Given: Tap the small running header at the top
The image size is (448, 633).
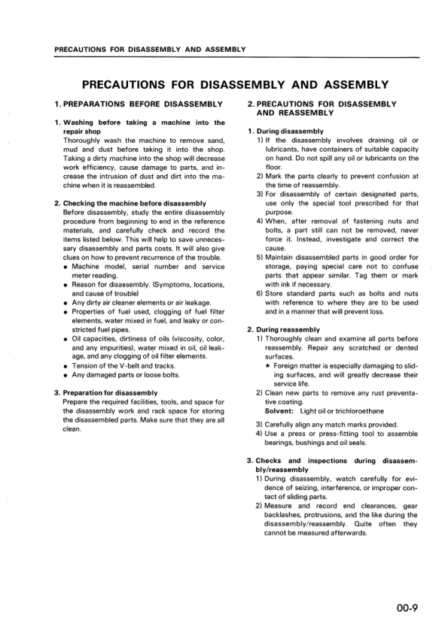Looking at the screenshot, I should click(x=151, y=50).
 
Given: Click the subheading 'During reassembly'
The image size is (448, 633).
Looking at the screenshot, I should click(x=289, y=329).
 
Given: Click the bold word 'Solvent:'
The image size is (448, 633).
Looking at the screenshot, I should click(x=280, y=410).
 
